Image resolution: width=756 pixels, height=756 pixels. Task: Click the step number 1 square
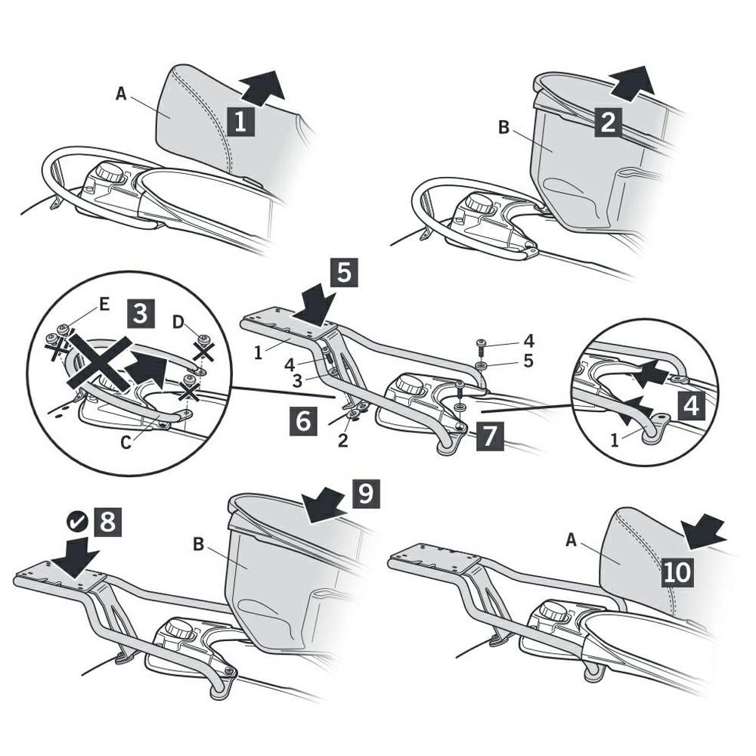240,122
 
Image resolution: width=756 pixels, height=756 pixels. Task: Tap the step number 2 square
608,121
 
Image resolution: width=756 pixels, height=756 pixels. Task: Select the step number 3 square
141,312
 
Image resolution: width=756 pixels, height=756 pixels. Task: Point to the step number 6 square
302,420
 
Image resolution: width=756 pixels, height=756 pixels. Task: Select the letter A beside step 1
120,94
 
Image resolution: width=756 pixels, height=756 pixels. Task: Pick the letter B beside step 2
503,126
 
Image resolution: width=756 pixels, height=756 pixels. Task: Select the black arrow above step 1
262,85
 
